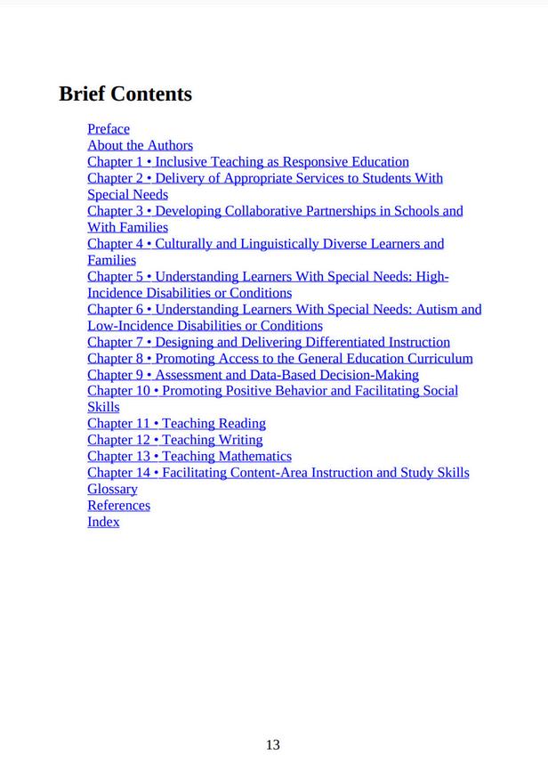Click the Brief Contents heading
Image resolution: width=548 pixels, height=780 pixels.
125,93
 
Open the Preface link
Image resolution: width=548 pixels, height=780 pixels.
109,129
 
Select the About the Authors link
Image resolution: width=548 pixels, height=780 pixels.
140,145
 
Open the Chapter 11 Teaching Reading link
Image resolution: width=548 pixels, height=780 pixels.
176,424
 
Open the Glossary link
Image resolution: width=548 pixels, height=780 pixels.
112,489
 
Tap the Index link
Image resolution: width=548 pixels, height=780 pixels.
103,522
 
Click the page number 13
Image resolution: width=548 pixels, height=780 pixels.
273,744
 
